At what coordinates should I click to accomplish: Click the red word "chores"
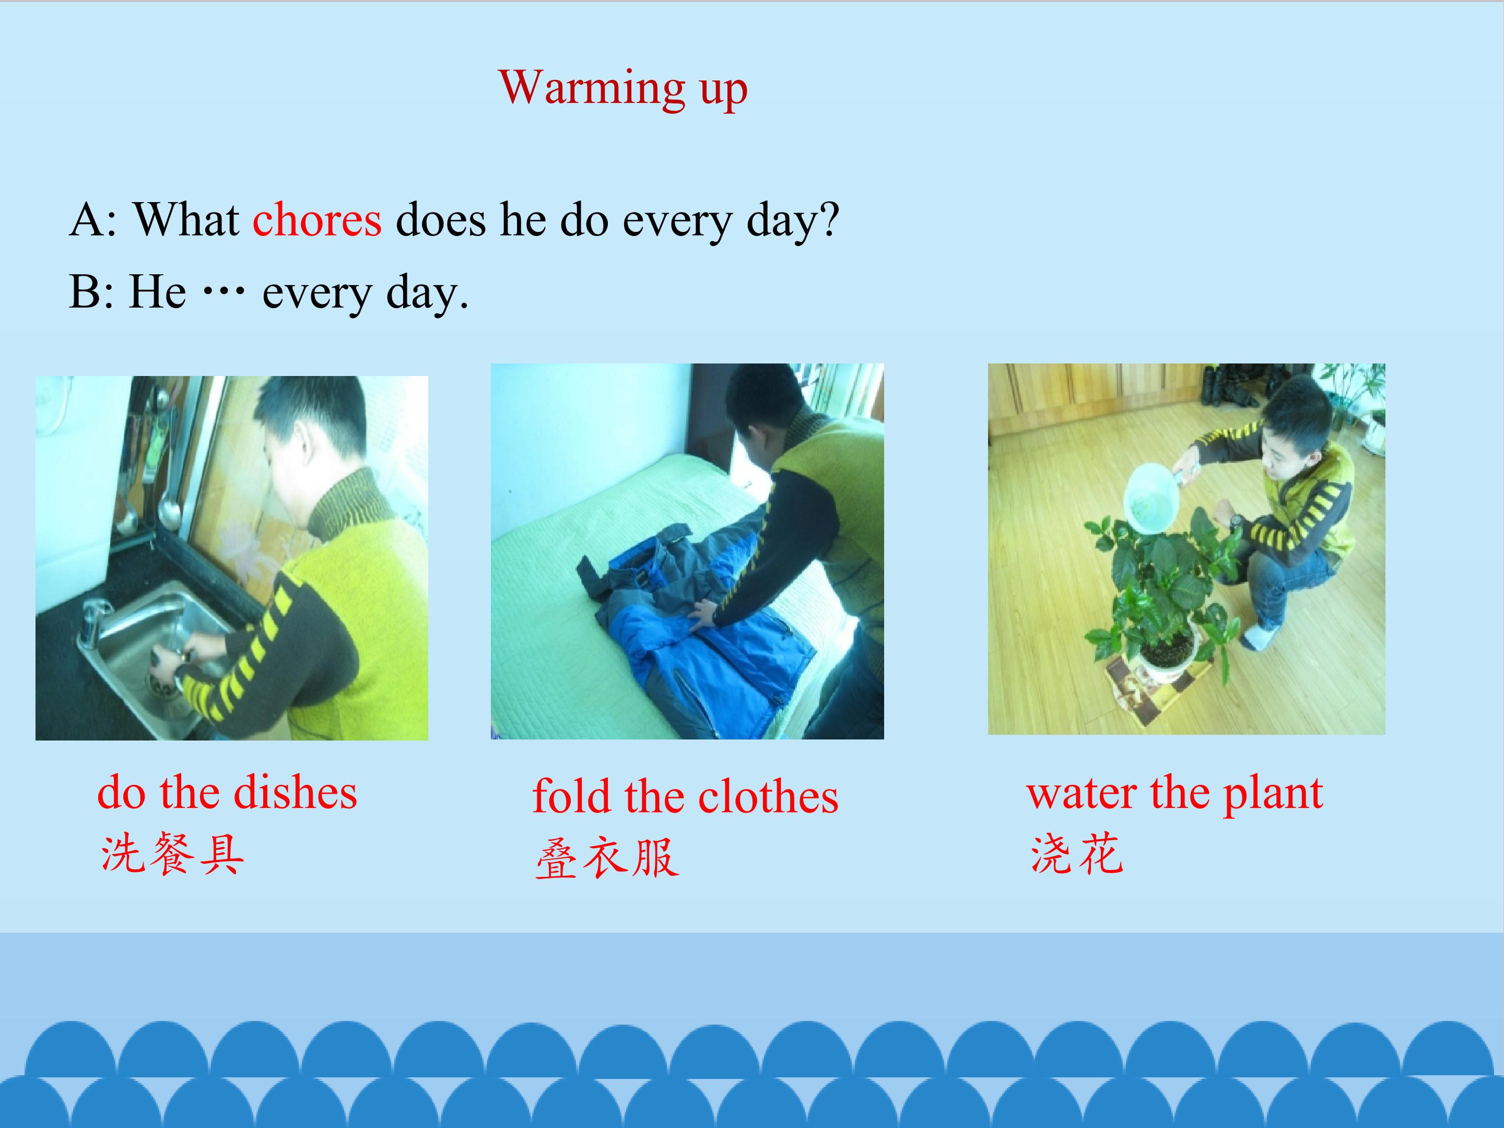(317, 220)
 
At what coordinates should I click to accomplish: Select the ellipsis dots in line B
(224, 292)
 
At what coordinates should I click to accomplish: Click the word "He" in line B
(157, 292)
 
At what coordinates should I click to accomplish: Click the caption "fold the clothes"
(685, 796)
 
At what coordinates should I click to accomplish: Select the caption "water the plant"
(1175, 793)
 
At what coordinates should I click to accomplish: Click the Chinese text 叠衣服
(607, 857)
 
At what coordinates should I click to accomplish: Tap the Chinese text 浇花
(1077, 853)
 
